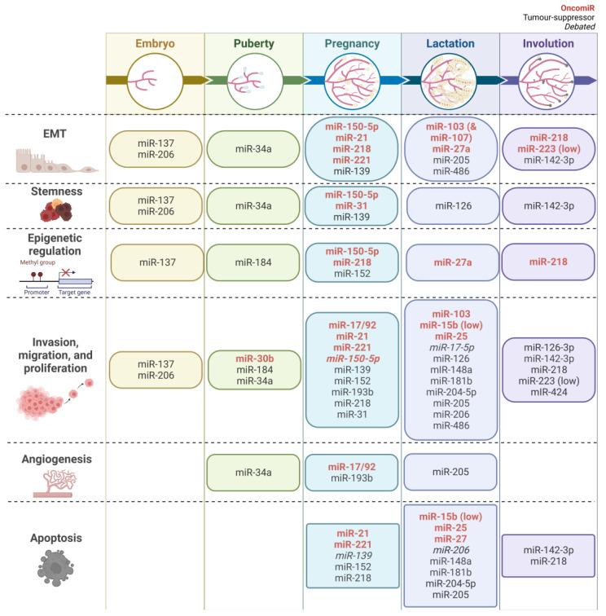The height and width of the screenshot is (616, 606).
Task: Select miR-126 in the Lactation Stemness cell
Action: (x=450, y=206)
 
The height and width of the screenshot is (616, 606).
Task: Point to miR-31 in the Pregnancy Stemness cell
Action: (x=351, y=206)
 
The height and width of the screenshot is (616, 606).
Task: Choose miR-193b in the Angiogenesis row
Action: (x=351, y=478)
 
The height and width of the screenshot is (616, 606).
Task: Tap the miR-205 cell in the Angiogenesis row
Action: (x=450, y=472)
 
